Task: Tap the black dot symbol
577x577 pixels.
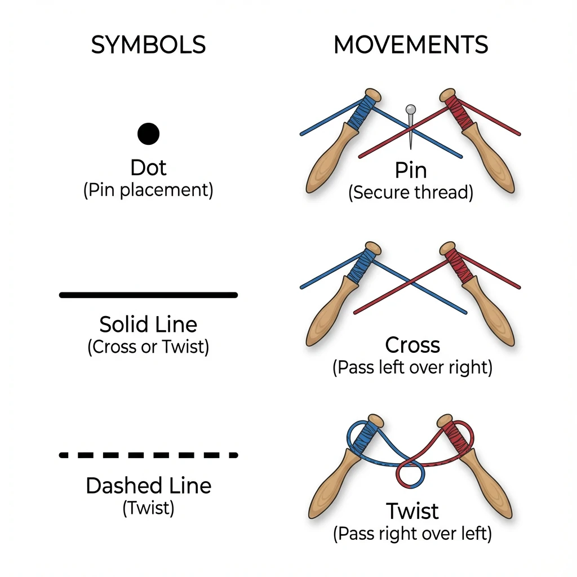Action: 148,134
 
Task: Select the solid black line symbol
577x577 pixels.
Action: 148,295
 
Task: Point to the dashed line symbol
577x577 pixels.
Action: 148,455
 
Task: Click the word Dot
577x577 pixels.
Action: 148,167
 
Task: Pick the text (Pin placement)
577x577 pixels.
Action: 148,190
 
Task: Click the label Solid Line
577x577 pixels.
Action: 148,325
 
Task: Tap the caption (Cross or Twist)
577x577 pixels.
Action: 148,347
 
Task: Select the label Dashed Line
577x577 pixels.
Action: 148,486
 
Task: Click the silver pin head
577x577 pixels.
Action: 410,108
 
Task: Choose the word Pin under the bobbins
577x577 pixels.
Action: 411,170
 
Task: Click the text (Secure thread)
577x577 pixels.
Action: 411,193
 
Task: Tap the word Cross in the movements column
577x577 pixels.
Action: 412,345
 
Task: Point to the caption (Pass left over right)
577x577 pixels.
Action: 412,368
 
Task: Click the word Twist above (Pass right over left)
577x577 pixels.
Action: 412,511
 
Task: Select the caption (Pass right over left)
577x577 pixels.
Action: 412,534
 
